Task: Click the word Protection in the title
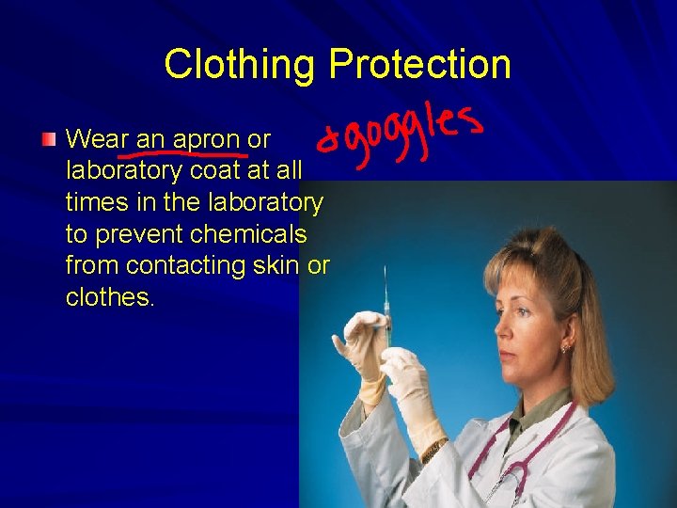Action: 420,64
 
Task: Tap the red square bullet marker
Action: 49,140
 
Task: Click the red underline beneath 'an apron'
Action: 183,153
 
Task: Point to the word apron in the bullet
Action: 207,140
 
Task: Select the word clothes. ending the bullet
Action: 110,297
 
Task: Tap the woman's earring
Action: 565,349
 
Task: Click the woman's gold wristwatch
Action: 434,451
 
